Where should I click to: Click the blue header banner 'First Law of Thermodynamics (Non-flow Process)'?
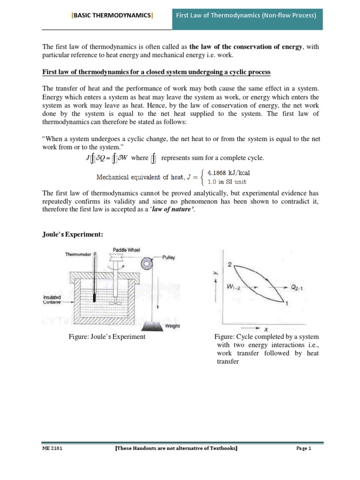[246, 15]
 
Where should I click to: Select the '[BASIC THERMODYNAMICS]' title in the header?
[112, 15]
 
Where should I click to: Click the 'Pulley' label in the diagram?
[168, 257]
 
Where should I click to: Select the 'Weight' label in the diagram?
[172, 325]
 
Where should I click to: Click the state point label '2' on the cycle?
[230, 264]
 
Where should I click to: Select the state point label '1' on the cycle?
[286, 304]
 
